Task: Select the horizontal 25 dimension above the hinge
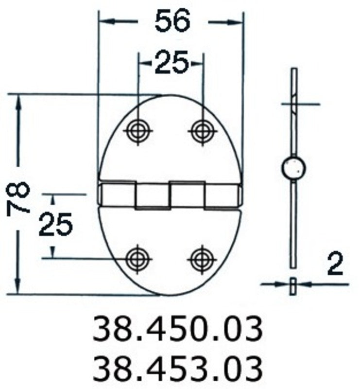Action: [x=171, y=63]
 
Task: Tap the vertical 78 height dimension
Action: [x=19, y=198]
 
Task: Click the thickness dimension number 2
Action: [x=335, y=265]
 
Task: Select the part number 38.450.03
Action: [x=178, y=329]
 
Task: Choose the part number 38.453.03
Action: [x=178, y=368]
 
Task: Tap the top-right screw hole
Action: [x=202, y=130]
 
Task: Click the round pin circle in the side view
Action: [x=293, y=168]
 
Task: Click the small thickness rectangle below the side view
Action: [x=292, y=286]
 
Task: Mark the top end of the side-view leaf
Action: [x=293, y=71]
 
